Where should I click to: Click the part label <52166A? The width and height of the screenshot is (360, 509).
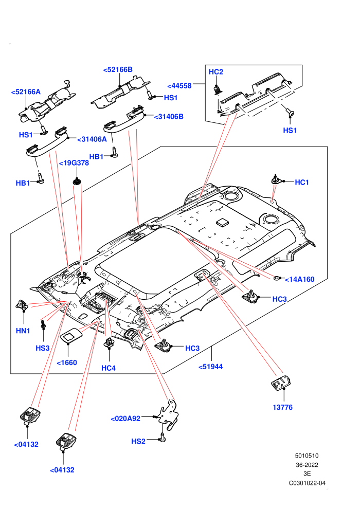(26, 92)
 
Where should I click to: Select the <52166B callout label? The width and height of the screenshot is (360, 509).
(118, 69)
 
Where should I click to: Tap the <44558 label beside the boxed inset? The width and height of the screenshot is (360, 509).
(179, 86)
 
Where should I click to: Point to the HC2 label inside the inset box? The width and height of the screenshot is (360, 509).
(216, 72)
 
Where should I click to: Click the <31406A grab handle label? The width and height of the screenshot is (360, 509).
(92, 139)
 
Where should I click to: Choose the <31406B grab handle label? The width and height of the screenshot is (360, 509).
(169, 117)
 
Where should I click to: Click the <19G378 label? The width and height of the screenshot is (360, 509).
(74, 163)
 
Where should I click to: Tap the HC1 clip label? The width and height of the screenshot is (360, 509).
(302, 183)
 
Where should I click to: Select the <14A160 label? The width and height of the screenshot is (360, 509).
(300, 279)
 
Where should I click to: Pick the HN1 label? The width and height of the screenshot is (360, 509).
(23, 331)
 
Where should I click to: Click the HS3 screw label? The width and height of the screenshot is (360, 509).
(43, 348)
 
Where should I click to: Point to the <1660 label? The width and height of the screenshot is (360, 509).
(67, 362)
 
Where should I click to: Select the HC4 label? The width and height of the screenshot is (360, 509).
(109, 368)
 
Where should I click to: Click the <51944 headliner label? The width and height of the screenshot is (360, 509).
(211, 367)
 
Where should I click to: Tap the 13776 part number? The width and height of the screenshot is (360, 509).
(282, 407)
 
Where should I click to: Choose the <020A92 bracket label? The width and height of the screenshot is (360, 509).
(125, 419)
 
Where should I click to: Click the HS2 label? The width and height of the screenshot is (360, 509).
(138, 441)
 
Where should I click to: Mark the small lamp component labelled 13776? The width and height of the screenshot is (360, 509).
(281, 384)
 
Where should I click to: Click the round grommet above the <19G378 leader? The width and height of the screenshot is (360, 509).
(77, 180)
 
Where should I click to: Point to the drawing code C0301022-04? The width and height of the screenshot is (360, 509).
(307, 483)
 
